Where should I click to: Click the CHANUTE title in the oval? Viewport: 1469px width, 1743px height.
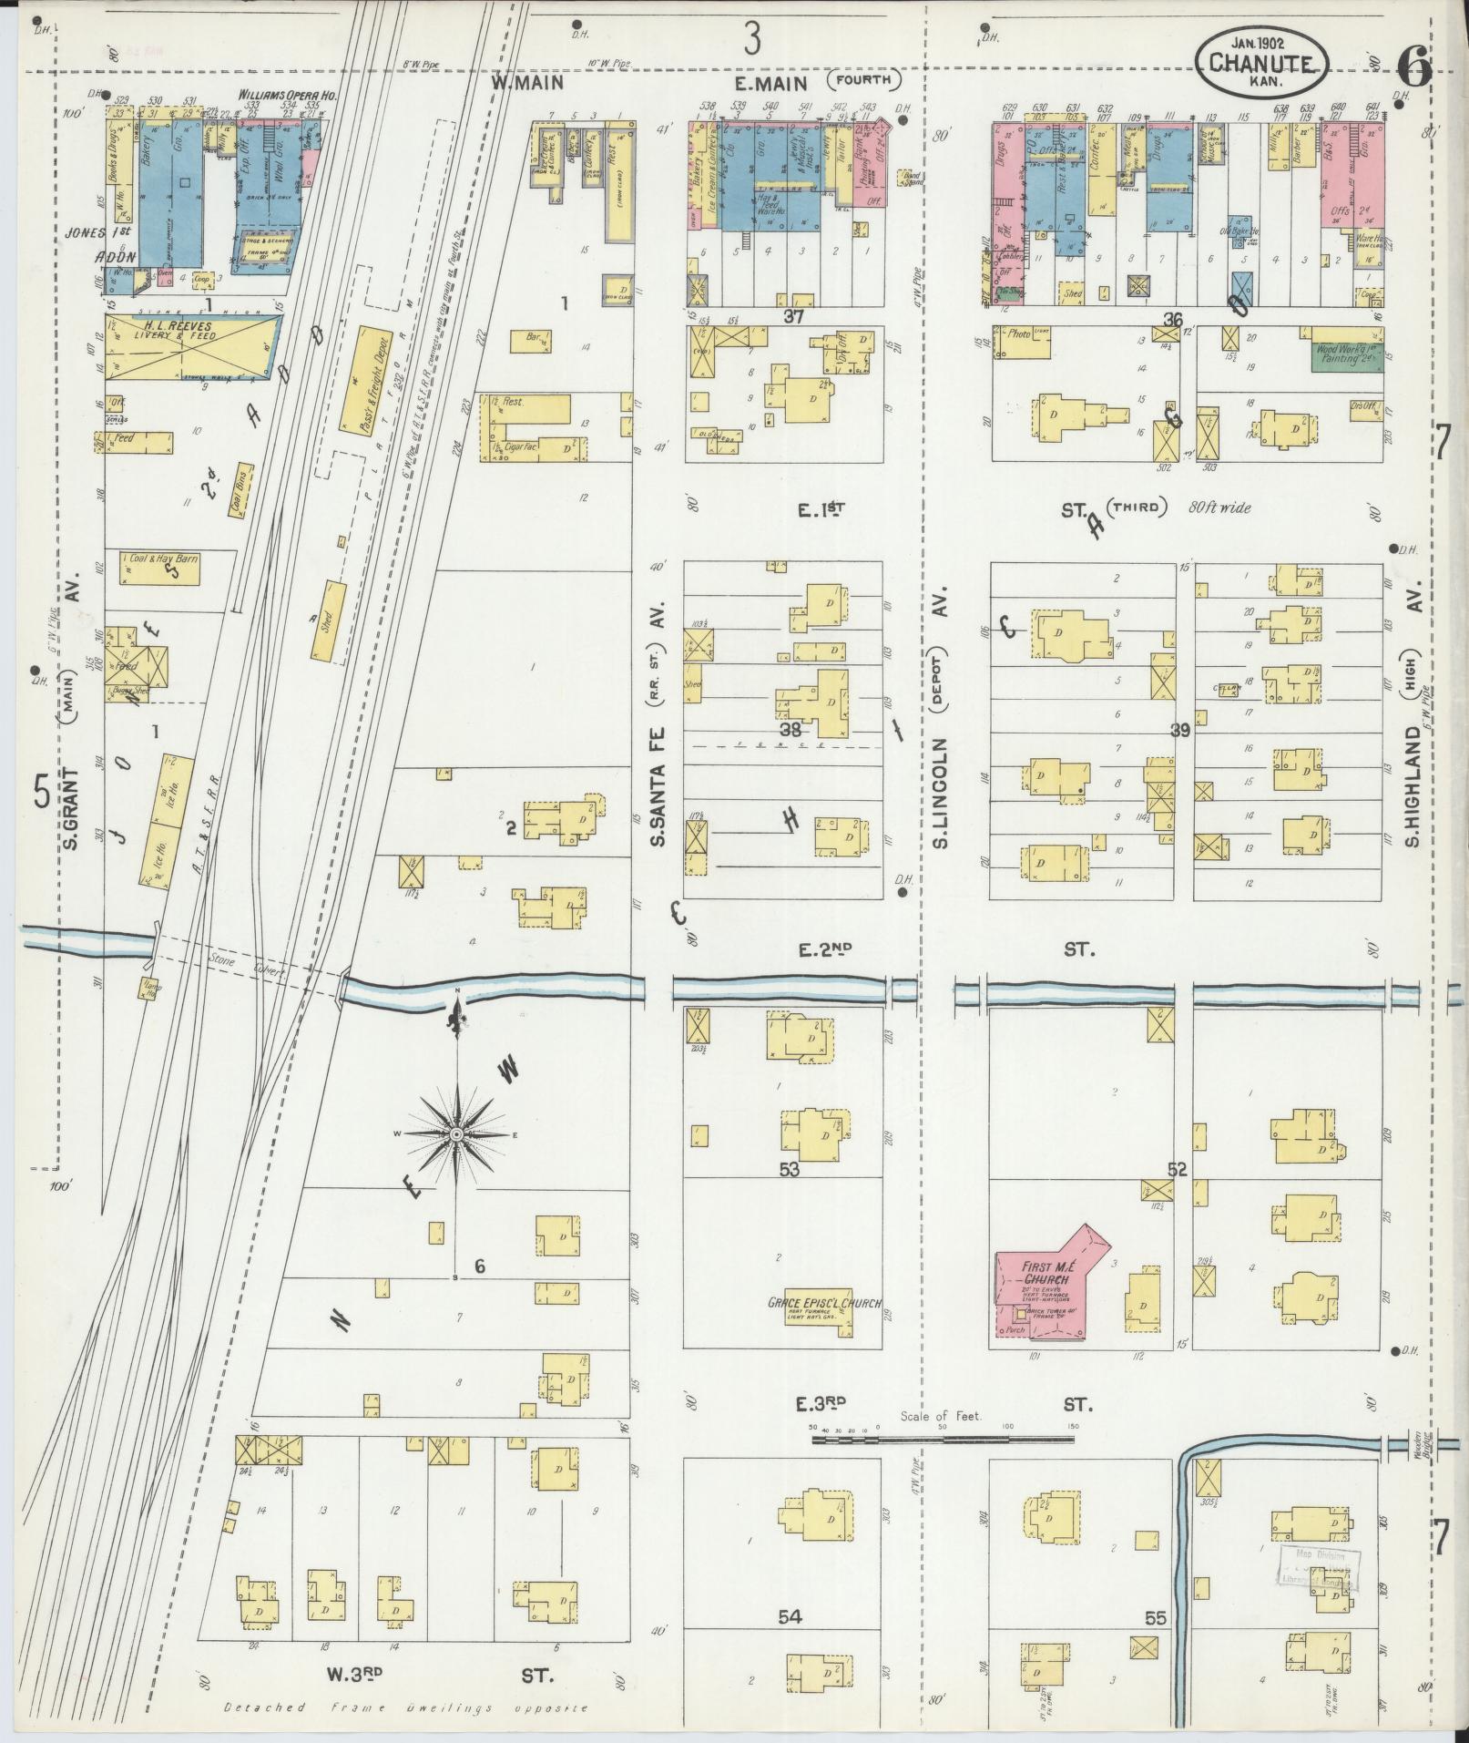pos(1262,63)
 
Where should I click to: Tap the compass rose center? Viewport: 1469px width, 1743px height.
pos(454,1133)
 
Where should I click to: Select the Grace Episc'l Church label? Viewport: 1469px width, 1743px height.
pos(823,1303)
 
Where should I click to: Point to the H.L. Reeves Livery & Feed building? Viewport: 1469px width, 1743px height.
pos(191,347)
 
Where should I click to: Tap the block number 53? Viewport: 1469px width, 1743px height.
pos(789,1169)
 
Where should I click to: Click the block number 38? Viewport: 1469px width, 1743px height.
pos(789,729)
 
